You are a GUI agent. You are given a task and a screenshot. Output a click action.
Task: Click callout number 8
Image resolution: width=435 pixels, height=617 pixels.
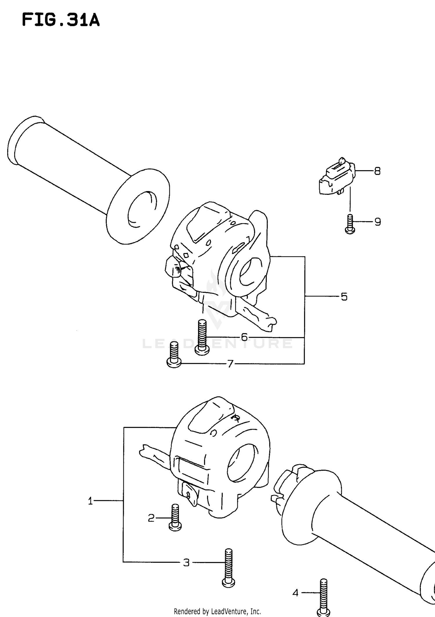tap(377, 171)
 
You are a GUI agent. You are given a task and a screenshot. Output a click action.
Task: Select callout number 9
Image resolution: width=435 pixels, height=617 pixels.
tap(377, 222)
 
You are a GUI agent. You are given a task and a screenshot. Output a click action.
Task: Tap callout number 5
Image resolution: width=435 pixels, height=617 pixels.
tap(344, 297)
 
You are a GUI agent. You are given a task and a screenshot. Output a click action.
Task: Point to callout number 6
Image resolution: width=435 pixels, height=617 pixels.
tap(244, 337)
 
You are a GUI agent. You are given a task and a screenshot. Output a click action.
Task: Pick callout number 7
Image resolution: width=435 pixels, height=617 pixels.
tap(230, 364)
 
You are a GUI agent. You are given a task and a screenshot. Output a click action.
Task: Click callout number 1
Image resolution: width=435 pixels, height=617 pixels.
tap(90, 501)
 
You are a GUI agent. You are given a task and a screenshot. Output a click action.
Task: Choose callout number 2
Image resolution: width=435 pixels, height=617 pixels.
tap(151, 518)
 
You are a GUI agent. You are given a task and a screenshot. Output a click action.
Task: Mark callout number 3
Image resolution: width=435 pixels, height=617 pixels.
tap(186, 562)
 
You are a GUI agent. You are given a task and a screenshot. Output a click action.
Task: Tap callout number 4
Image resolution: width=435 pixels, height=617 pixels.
tap(295, 593)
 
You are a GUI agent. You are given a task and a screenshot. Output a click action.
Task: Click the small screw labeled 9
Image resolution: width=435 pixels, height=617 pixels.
tap(350, 224)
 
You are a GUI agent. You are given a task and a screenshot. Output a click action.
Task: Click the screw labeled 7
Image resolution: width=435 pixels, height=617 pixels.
tap(174, 355)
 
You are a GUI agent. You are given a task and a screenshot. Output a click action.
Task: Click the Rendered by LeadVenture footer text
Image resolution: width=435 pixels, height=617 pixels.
tap(217, 611)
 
